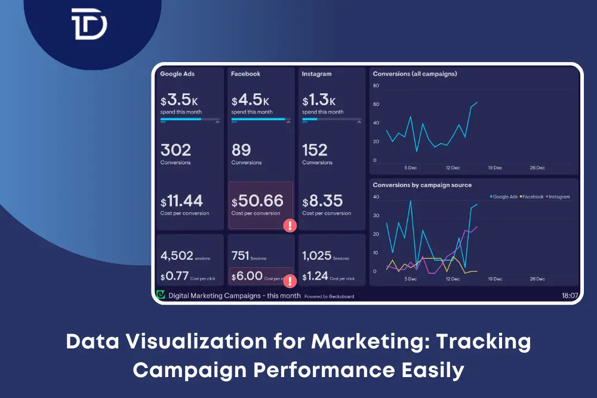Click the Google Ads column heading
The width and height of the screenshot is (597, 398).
coord(177,74)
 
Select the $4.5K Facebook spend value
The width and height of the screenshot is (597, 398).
coord(250,100)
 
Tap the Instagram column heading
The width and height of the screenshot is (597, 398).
coord(316,74)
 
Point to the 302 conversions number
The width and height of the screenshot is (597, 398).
coord(176,149)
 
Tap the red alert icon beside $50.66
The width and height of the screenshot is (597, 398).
coord(290,225)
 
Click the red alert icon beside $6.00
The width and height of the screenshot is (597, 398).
coord(290,281)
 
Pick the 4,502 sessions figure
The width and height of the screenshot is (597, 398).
coord(177,256)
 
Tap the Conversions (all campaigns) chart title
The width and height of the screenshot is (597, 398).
coord(415,74)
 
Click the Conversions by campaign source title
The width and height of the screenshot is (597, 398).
coord(422,185)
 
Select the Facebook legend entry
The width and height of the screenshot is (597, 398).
coord(533,197)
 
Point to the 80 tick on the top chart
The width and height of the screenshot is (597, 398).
coord(376,86)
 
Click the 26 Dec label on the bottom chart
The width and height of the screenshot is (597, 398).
coord(537,279)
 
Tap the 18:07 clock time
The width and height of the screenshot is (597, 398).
coord(570,295)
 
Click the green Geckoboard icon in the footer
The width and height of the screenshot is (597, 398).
coord(160,295)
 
